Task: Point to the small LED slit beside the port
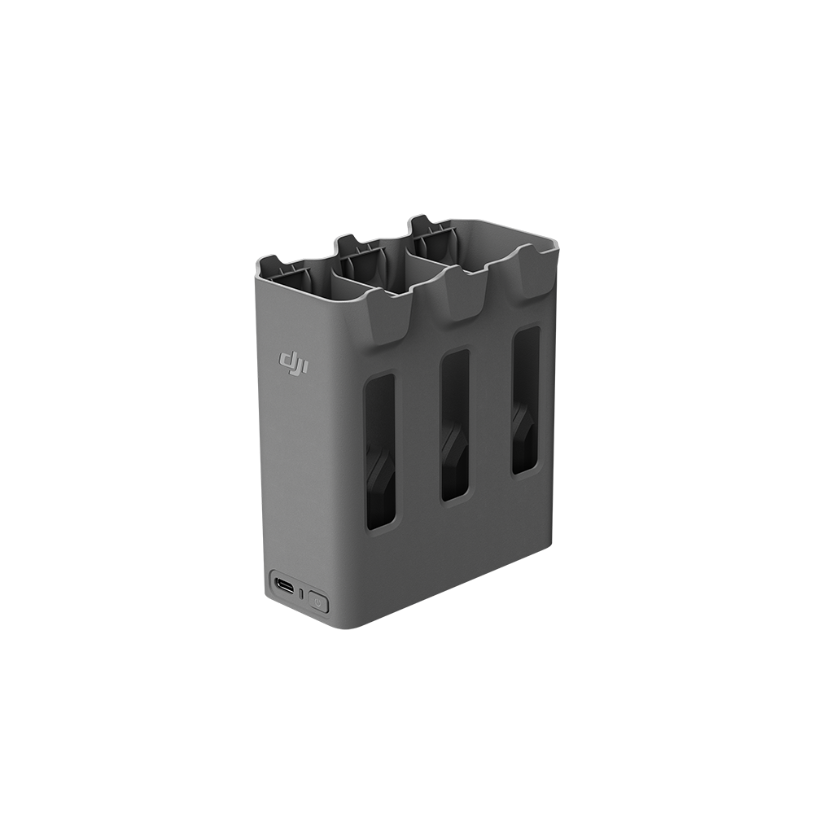coord(301,593)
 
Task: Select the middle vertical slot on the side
coord(455,425)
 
